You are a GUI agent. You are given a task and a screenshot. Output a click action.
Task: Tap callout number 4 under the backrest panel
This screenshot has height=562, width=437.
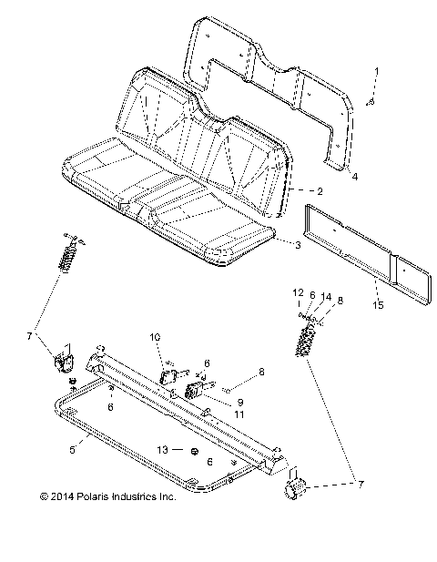point(355,175)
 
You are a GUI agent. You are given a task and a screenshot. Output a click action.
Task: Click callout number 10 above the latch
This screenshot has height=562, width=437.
point(155,337)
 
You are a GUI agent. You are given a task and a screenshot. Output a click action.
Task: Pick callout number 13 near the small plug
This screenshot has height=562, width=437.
point(164,451)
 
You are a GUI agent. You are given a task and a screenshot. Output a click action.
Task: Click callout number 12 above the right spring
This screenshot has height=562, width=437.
point(297,292)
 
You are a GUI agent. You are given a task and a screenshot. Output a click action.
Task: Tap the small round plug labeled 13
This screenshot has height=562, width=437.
point(194,452)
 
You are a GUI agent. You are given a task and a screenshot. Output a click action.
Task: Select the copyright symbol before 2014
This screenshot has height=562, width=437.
point(43,497)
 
